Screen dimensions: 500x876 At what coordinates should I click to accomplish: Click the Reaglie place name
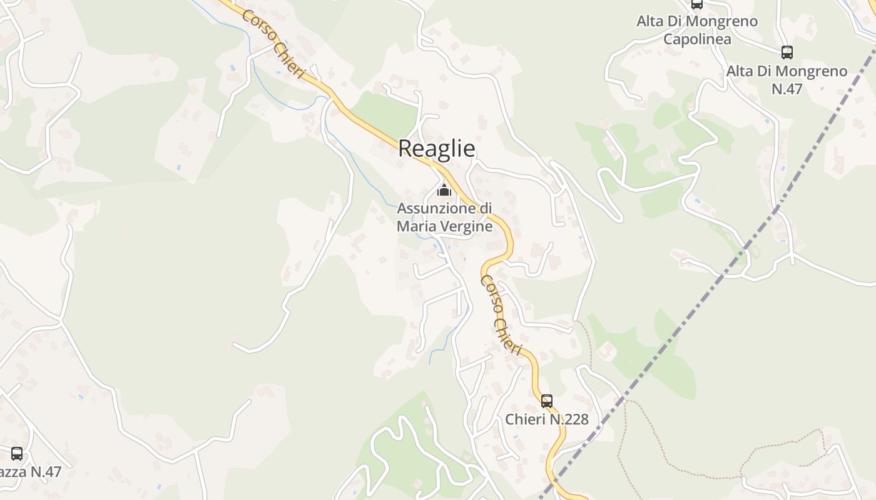coord(436,149)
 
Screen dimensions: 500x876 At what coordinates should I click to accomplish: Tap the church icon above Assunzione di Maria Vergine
coord(444,189)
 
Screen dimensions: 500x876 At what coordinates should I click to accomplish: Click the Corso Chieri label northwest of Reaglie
coord(273,43)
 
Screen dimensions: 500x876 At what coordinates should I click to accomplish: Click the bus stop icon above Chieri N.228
coord(547,401)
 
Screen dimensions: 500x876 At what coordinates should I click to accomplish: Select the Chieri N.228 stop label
coord(547,419)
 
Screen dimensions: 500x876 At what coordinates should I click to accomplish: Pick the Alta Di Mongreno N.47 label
coord(787,79)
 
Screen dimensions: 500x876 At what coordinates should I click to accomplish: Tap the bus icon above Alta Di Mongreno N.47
coord(787,52)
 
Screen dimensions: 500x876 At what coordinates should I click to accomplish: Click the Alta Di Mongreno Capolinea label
coord(697,30)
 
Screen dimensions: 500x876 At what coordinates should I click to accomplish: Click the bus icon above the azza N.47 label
coord(17,453)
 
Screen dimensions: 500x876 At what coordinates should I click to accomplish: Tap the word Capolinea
coord(697,39)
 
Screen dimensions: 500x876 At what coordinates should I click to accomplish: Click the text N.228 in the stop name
coord(569,419)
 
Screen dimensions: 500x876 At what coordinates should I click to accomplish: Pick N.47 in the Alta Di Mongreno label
coord(787,89)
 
